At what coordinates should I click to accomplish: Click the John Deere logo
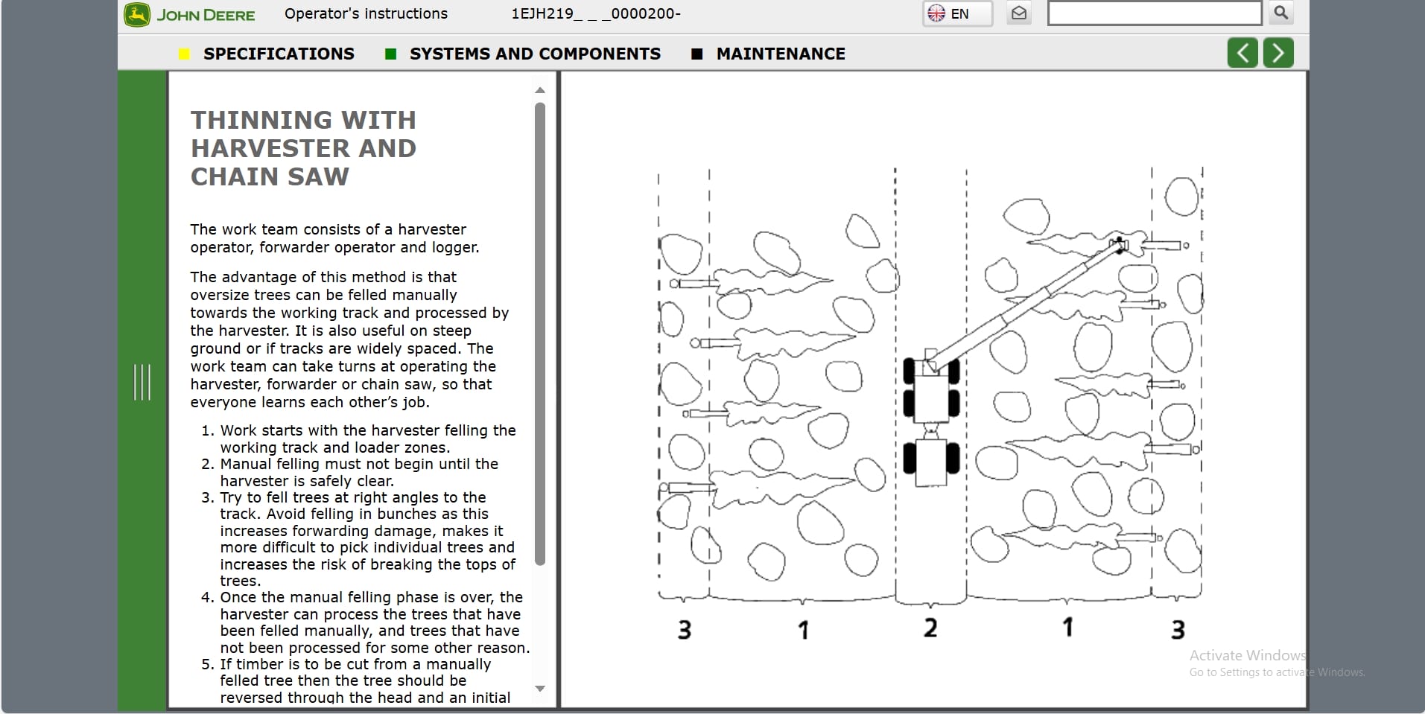pos(189,15)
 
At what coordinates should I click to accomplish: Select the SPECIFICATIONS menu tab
pos(279,54)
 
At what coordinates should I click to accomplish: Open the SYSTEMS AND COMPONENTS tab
pos(535,54)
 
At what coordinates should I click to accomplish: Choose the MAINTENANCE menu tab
pos(781,54)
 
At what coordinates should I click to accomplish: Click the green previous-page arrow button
pos(1242,53)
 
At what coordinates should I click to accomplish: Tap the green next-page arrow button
pos(1278,53)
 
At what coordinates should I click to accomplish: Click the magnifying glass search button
pos(1281,13)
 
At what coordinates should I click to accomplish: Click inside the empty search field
pos(1155,13)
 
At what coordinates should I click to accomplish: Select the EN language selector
pos(957,13)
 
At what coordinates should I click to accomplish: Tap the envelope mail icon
pos(1019,13)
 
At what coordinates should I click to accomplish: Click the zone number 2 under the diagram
pos(930,628)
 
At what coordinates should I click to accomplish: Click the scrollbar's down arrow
pos(540,689)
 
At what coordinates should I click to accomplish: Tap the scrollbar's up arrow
pos(540,90)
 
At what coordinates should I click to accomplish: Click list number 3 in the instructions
pos(208,497)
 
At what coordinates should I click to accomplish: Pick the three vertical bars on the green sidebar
pos(142,382)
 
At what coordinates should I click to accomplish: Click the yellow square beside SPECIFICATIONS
pos(185,54)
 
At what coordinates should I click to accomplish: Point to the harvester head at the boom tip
pos(1120,245)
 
